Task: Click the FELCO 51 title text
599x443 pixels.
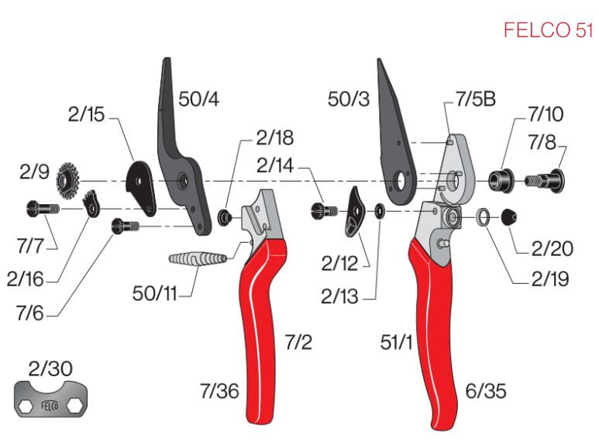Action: tap(548, 29)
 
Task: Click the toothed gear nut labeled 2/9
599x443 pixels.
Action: tap(67, 180)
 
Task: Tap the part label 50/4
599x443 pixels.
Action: tap(198, 99)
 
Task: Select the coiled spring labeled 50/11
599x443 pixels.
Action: tap(198, 259)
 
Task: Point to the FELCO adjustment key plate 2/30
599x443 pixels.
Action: tap(50, 399)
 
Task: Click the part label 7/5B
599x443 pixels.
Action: tap(476, 99)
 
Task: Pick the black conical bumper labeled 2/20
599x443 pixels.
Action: tap(509, 218)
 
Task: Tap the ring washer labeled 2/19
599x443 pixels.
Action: tap(484, 217)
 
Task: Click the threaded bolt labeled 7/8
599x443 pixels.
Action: tap(545, 181)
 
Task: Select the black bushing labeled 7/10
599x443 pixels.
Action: tap(501, 180)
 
